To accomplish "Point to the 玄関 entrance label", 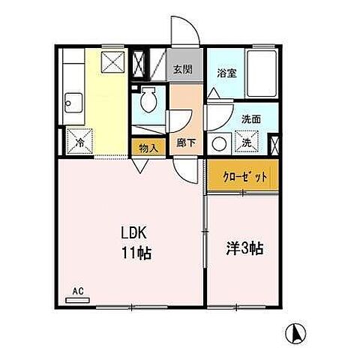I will point(183,70).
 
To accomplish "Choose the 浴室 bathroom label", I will point(226,73).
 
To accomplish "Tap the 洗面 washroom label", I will point(251,118).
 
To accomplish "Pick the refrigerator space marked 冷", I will point(77,140).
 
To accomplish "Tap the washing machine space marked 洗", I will point(245,142).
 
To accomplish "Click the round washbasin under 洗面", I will point(220,142).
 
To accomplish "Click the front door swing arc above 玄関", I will point(185,31).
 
